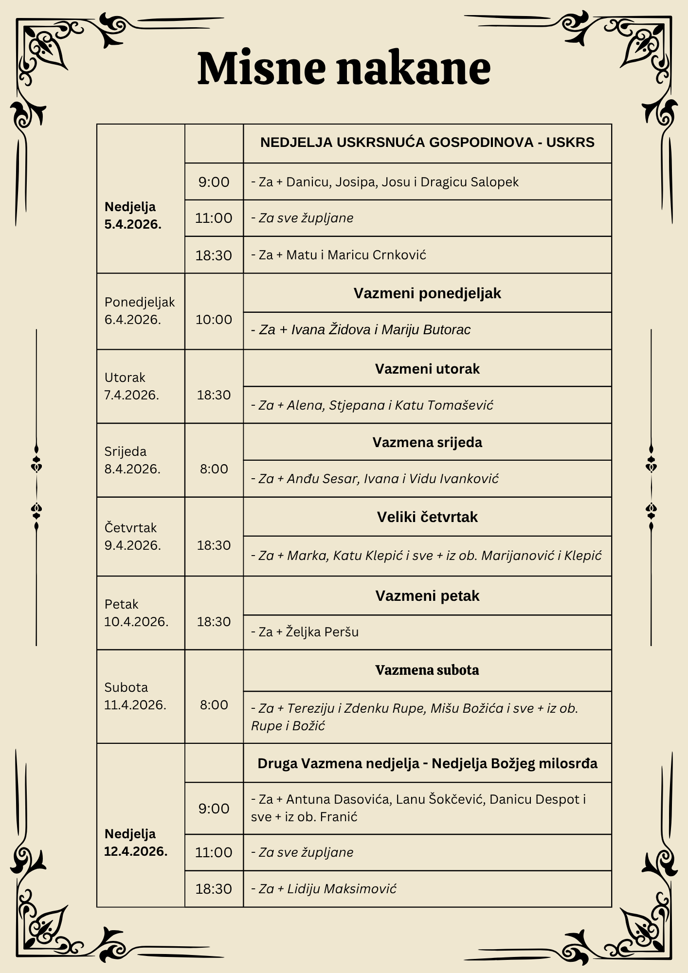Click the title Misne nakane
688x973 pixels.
pos(344,68)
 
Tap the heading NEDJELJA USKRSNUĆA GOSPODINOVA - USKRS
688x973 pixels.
pos(427,143)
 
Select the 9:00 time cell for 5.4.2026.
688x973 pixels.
pos(214,182)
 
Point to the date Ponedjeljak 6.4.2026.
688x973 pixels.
pos(139,311)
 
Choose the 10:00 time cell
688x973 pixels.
pos(214,320)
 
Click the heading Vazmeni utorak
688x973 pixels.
pos(427,369)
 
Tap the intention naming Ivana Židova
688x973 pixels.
pos(361,330)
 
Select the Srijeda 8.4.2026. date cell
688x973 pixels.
pos(132,460)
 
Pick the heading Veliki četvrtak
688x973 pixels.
pos(427,517)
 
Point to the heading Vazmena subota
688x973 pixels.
pos(427,670)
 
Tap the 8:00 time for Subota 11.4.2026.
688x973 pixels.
pos(214,705)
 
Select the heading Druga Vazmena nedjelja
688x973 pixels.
pos(427,763)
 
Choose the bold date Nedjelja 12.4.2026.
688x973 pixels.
pos(136,842)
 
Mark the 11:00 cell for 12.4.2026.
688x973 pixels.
pos(214,852)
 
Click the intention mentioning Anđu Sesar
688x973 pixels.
pos(375,479)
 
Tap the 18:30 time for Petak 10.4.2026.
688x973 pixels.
pos(214,622)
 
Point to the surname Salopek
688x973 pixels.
pos(495,182)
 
